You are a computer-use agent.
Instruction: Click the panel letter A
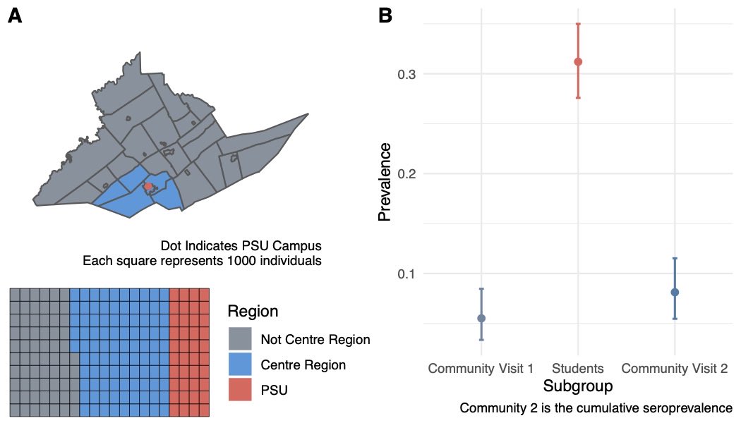coord(15,18)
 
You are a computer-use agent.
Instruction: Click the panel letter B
coord(385,18)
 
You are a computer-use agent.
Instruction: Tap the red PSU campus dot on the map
coord(148,186)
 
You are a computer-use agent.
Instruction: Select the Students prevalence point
coord(578,61)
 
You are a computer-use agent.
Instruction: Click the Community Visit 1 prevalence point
coord(481,318)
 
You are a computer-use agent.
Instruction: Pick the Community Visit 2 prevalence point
coord(675,292)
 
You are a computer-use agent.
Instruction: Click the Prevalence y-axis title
coord(385,182)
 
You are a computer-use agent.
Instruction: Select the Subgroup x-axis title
coord(578,386)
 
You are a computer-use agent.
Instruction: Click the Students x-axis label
coord(578,368)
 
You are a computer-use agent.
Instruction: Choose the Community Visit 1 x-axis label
coord(481,368)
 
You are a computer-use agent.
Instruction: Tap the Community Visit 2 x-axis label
coord(675,368)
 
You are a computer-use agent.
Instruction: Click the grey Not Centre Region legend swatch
coord(240,339)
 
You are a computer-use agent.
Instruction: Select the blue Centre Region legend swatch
coord(240,364)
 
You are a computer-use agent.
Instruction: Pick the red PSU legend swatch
coord(240,389)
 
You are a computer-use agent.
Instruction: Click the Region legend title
coord(253,312)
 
